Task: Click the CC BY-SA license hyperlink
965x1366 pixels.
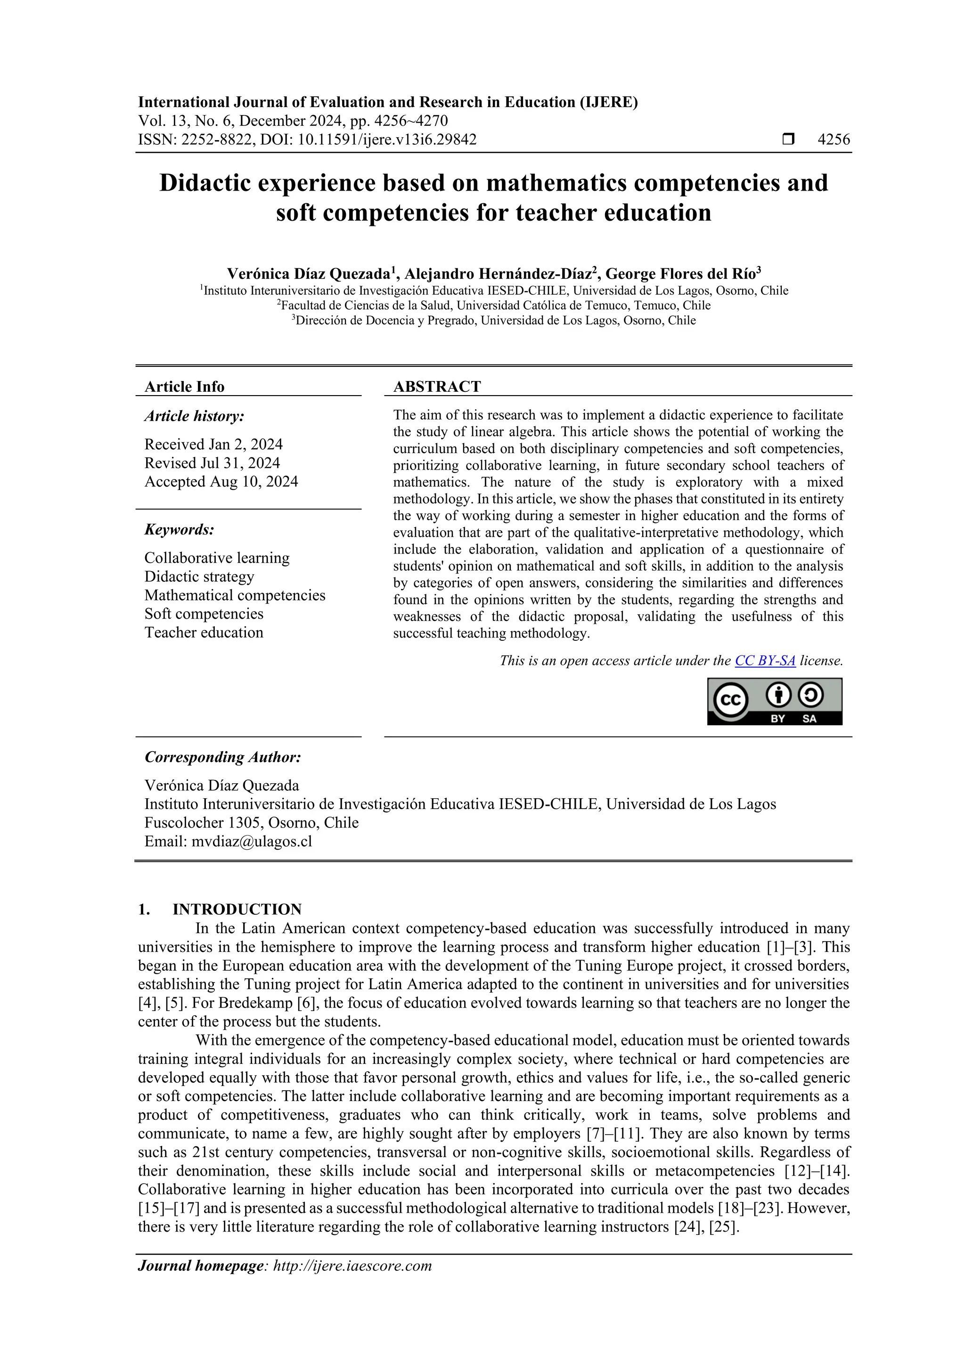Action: point(765,661)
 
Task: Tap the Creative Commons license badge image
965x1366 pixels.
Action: point(774,702)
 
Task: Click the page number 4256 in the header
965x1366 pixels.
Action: point(834,140)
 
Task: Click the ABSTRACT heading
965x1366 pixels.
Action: point(437,387)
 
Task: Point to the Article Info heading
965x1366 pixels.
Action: point(184,387)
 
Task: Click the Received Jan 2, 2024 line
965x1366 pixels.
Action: point(213,445)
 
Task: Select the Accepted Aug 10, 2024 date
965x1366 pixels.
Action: point(221,481)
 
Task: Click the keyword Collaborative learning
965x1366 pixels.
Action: point(217,558)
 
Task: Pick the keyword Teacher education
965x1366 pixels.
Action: point(204,632)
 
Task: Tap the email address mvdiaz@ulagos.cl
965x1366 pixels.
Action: point(252,841)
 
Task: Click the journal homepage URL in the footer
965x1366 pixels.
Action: point(352,1266)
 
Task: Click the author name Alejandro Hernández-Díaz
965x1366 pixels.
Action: point(498,274)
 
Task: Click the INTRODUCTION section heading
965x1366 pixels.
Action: point(237,909)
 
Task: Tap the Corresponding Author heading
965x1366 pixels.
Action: point(223,757)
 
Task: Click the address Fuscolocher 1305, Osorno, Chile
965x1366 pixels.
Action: point(252,823)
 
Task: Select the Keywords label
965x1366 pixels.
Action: point(179,530)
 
